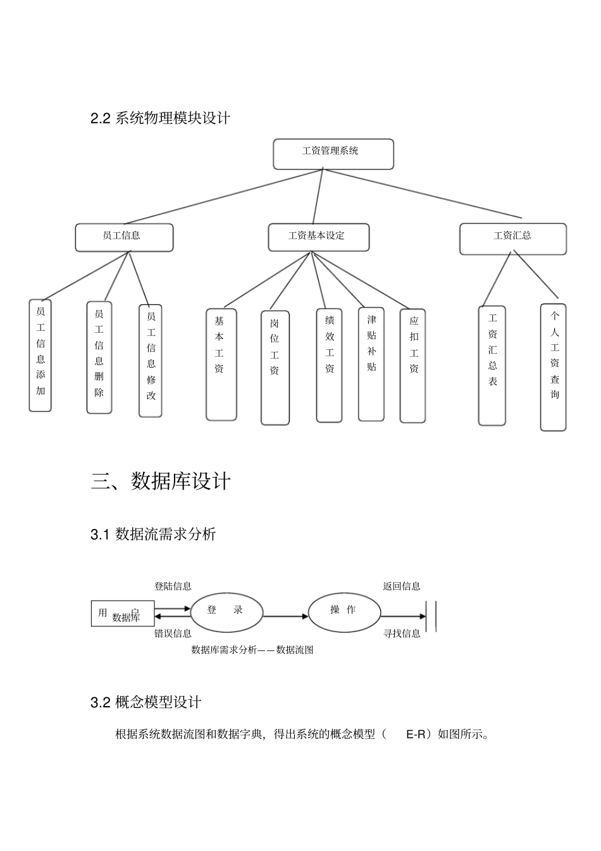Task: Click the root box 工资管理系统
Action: [333, 154]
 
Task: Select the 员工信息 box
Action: [124, 237]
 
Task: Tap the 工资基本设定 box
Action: [318, 237]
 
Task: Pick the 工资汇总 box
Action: [512, 239]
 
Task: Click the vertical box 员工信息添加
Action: [40, 355]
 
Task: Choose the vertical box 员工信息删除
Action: [99, 357]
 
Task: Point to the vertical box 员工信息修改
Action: [151, 361]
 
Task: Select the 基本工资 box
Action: [221, 364]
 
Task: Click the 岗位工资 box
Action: [275, 367]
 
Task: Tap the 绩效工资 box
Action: [329, 365]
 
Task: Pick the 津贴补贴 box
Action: [371, 364]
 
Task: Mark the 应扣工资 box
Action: [412, 366]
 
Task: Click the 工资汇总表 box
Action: [492, 366]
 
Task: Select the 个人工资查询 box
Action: [553, 367]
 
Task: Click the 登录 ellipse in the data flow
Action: [226, 611]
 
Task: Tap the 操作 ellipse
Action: [344, 611]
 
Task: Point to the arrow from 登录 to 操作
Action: [285, 616]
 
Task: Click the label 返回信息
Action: [401, 586]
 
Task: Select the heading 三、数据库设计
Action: [161, 481]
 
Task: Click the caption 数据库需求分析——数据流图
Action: [252, 650]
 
